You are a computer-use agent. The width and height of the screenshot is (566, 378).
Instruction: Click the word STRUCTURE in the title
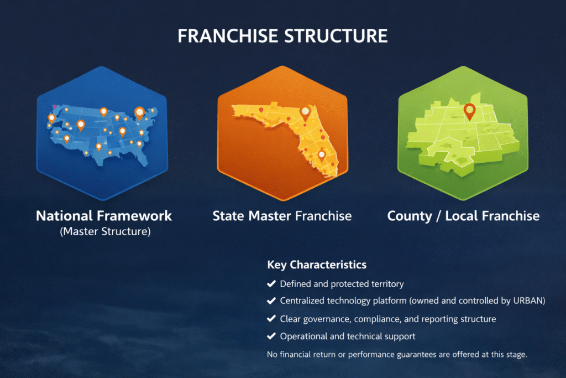pyautogui.click(x=336, y=36)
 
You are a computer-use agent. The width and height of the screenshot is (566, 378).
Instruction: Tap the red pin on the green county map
pyautogui.click(x=470, y=111)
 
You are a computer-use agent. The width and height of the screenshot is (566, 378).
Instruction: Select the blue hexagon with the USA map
pyautogui.click(x=102, y=133)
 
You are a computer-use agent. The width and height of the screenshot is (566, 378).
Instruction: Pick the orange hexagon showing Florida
pyautogui.click(x=282, y=133)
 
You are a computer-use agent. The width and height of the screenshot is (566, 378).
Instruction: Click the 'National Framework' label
pyautogui.click(x=104, y=216)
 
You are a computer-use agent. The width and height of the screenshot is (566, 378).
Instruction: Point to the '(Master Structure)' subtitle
pyautogui.click(x=105, y=231)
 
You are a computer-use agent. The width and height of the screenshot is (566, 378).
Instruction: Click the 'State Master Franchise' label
pyautogui.click(x=282, y=216)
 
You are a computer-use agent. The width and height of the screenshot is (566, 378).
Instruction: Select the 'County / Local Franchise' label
pyautogui.click(x=464, y=216)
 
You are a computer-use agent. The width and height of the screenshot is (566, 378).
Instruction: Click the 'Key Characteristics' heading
pyautogui.click(x=317, y=265)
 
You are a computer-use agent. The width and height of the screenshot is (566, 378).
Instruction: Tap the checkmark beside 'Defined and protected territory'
pyautogui.click(x=271, y=284)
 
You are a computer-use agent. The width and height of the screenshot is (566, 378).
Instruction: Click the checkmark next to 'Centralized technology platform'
pyautogui.click(x=271, y=301)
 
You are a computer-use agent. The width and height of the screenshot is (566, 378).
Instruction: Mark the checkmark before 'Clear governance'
pyautogui.click(x=271, y=319)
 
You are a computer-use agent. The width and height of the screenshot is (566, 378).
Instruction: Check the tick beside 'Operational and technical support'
pyautogui.click(x=271, y=336)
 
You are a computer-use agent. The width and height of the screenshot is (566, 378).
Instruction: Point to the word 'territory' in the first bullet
pyautogui.click(x=387, y=284)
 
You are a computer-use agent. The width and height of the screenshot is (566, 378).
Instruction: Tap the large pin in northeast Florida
pyautogui.click(x=305, y=113)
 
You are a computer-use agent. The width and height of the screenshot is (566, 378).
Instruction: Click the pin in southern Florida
pyautogui.click(x=322, y=156)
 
